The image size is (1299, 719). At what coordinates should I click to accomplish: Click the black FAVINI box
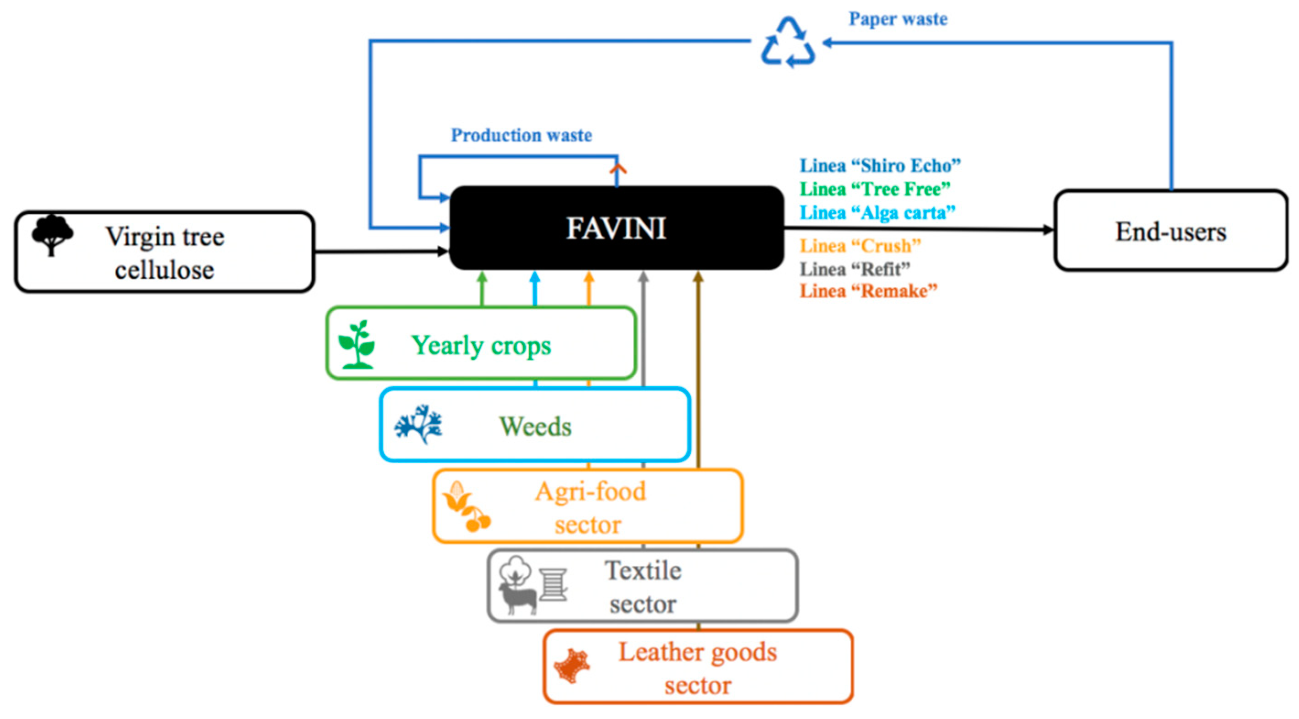point(616,228)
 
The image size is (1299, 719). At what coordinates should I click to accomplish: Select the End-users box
point(1170,231)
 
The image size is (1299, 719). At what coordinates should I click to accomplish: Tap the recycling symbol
point(787,43)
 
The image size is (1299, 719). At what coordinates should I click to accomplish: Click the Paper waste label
point(898,19)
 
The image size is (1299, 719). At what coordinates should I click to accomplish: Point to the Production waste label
point(521,135)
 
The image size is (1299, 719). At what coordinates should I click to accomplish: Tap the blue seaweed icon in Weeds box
point(418,424)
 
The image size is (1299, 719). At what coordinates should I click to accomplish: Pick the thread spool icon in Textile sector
point(553,585)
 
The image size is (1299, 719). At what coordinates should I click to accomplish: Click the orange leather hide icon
point(572,666)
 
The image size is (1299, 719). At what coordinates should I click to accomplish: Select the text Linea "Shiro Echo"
point(880,165)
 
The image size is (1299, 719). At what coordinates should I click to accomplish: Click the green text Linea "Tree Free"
point(875,189)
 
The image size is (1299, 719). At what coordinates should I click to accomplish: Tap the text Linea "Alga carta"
point(877,213)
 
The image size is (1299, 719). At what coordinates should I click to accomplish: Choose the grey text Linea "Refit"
point(855,269)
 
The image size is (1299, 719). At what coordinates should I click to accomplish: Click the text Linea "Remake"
point(868,291)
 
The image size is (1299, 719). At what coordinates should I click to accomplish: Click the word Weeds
point(535,427)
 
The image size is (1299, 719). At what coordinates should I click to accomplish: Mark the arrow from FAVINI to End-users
point(918,229)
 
